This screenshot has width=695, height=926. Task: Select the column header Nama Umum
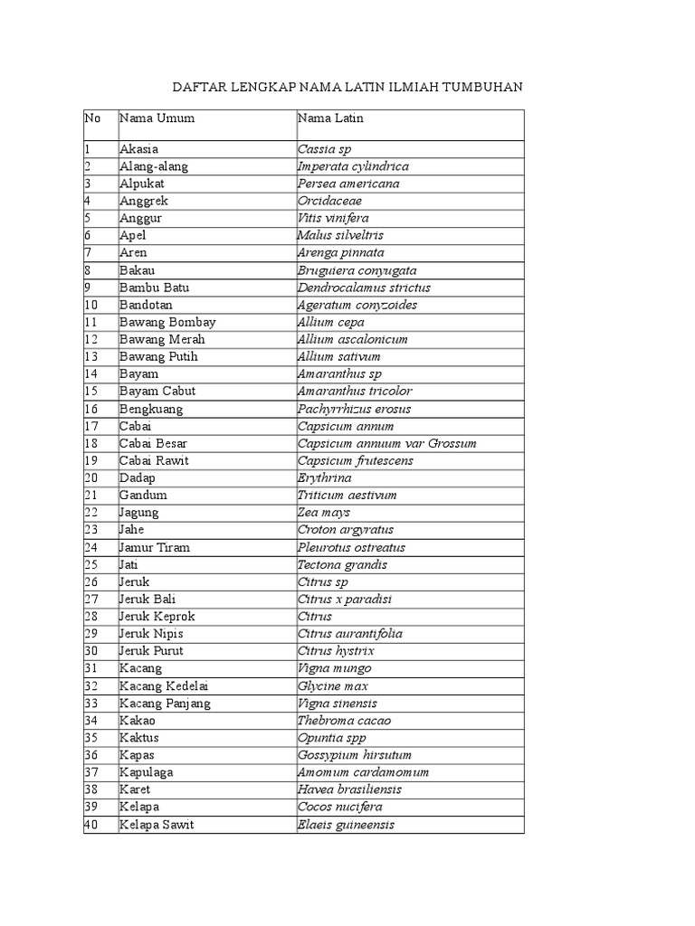(157, 118)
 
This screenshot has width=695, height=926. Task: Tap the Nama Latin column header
(330, 118)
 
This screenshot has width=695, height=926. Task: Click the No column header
(92, 118)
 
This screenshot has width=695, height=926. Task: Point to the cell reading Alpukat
(139, 184)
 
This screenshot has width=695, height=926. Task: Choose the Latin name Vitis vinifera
(333, 218)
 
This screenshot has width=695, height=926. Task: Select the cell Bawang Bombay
(167, 322)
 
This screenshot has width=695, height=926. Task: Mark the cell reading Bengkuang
(150, 409)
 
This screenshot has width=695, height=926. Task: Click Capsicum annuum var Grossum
(386, 443)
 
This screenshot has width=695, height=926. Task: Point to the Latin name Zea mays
(323, 513)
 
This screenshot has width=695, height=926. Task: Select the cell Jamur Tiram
(154, 547)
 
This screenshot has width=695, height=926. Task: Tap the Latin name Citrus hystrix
(336, 651)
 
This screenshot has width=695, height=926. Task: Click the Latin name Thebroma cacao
(345, 721)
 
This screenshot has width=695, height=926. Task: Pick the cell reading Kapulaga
(146, 772)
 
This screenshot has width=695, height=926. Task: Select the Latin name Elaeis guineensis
(346, 825)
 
